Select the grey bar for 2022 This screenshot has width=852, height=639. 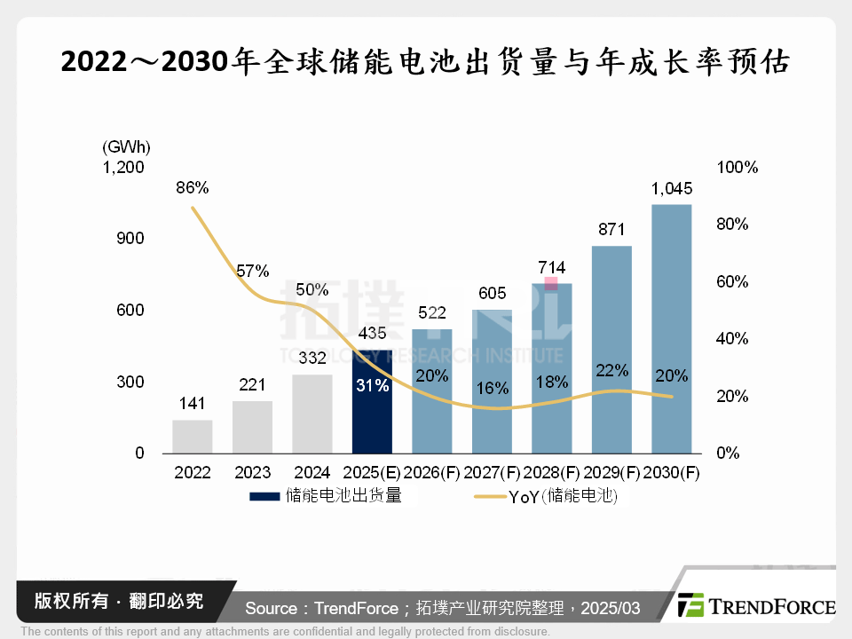click(193, 437)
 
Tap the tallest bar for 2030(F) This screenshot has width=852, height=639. click(671, 328)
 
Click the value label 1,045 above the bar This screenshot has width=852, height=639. click(671, 189)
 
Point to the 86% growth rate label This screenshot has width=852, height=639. click(193, 187)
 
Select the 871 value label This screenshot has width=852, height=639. click(611, 229)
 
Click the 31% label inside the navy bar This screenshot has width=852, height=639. click(373, 386)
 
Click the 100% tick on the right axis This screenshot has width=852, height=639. click(737, 167)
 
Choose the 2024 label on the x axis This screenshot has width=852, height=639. click(312, 473)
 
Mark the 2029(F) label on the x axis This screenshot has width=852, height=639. click(611, 473)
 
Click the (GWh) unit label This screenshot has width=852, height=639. click(126, 146)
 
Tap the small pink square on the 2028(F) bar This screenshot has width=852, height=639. click(551, 283)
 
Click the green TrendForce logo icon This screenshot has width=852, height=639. click(690, 605)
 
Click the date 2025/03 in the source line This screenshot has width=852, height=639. click(612, 608)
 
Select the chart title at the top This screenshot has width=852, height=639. click(425, 62)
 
